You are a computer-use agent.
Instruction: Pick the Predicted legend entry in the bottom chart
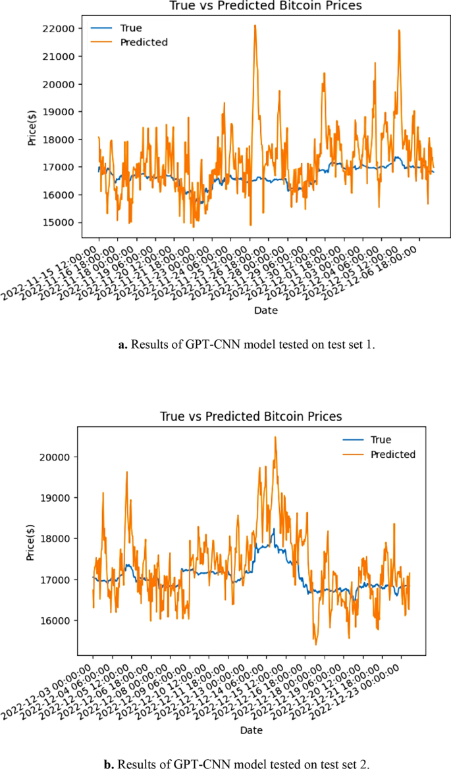393,454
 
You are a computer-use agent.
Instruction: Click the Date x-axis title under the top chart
267,310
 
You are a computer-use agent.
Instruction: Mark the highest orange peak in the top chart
255,26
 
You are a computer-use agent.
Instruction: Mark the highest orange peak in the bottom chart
275,437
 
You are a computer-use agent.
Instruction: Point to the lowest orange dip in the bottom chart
315,645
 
